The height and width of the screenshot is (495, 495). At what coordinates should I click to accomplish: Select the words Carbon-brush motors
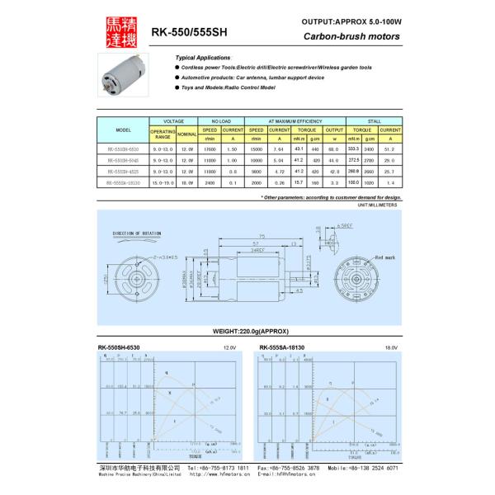(x=352, y=36)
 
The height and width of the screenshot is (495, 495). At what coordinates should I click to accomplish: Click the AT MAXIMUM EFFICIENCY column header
(x=295, y=120)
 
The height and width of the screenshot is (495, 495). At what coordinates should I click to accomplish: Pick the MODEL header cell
(x=124, y=130)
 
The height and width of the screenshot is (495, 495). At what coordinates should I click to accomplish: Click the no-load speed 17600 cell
(x=210, y=149)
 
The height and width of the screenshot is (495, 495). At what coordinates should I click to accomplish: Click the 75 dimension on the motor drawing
(x=262, y=237)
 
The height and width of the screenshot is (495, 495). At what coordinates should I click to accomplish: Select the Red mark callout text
(x=385, y=258)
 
